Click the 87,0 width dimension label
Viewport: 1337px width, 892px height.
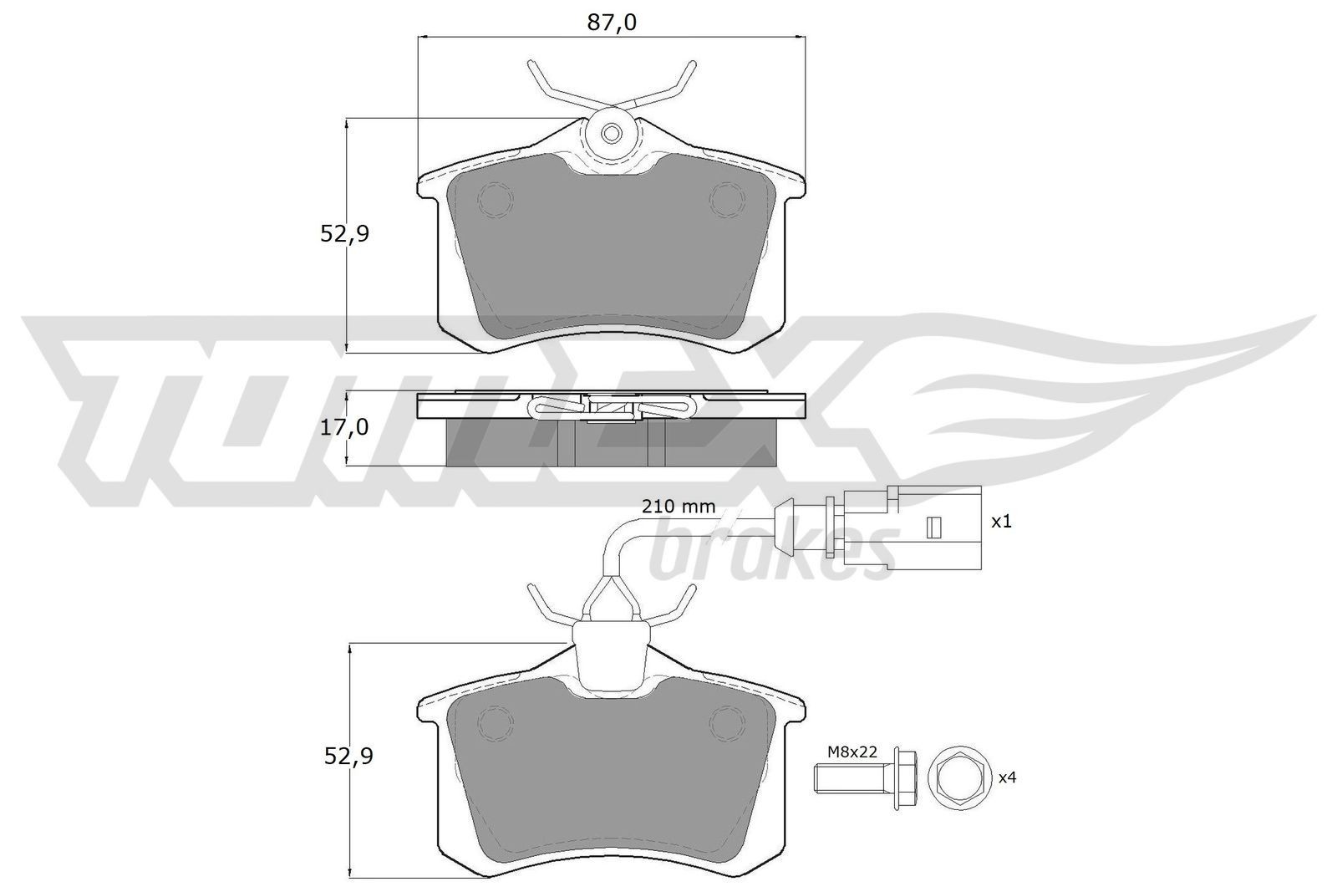pos(611,23)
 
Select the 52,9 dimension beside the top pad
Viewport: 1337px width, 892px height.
pos(344,234)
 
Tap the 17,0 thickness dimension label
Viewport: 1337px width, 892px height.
pos(344,428)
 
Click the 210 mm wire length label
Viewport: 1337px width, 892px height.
pos(679,506)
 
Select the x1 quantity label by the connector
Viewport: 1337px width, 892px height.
pos(1000,522)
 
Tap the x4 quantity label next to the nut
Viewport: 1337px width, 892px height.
pos(1007,777)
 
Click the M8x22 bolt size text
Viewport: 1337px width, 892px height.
pos(852,752)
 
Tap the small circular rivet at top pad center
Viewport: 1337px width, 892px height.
pos(612,132)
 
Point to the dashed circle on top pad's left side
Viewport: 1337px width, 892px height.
pos(496,199)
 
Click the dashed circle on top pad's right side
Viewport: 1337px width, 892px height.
pos(725,199)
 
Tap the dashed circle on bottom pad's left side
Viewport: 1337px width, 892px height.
pos(496,721)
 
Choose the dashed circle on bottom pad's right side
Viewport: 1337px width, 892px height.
pos(725,721)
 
